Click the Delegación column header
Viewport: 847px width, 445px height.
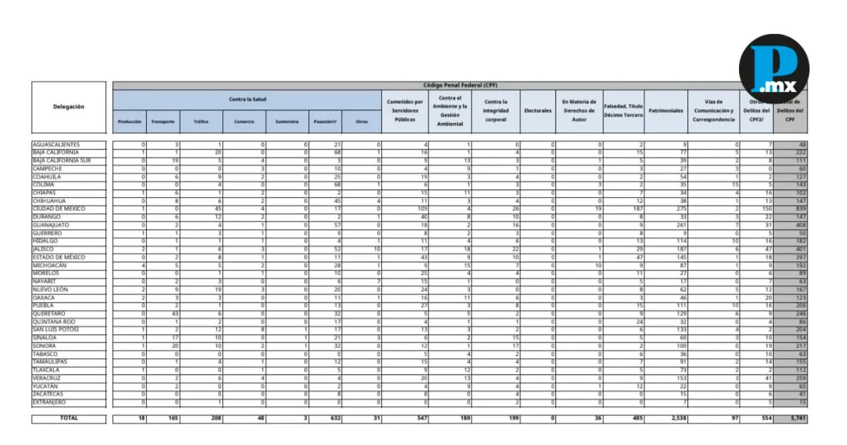point(68,107)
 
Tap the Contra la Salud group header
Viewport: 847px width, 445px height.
point(247,99)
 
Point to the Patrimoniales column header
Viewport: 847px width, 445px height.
point(666,111)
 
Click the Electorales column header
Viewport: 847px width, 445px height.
point(538,111)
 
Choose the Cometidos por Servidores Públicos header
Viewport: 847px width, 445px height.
point(405,110)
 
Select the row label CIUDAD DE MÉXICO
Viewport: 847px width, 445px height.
point(59,209)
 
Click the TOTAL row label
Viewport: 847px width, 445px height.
point(68,418)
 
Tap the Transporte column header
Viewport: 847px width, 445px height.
point(163,121)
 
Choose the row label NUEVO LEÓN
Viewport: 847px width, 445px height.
point(52,290)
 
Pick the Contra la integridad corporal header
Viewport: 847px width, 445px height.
point(495,111)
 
